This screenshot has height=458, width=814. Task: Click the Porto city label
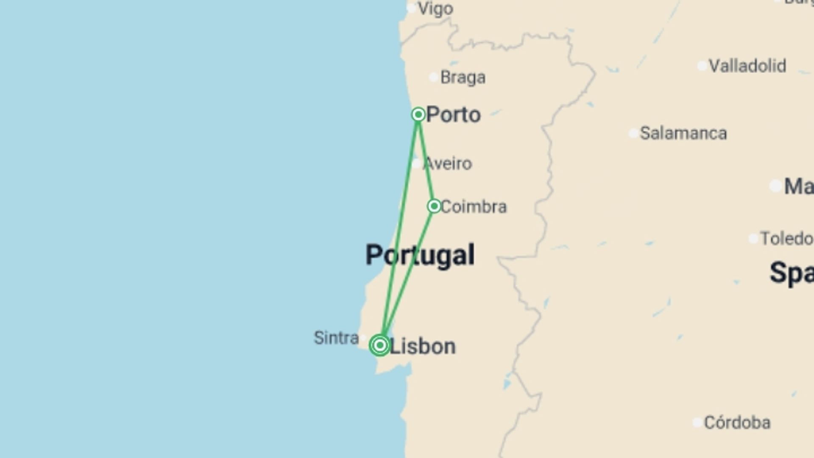click(x=453, y=115)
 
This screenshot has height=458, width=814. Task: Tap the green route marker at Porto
click(x=418, y=114)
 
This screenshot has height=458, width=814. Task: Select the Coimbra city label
click(x=474, y=207)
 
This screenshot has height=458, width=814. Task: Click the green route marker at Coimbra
click(x=434, y=206)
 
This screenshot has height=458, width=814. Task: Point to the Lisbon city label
click(x=422, y=346)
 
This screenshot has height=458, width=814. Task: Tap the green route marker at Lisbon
click(x=380, y=345)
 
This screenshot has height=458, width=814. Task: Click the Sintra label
click(x=336, y=338)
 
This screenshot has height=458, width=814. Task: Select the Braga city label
click(x=463, y=78)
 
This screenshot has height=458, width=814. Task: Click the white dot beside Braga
click(x=433, y=77)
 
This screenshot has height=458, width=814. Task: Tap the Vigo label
click(x=435, y=9)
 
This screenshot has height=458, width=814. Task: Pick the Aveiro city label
click(x=448, y=164)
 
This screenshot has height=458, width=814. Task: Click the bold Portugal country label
click(x=420, y=255)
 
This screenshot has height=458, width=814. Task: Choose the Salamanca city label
click(x=683, y=134)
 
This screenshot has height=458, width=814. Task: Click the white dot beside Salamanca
click(x=633, y=134)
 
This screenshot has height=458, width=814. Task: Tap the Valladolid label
click(x=747, y=66)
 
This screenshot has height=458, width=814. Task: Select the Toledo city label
click(x=786, y=239)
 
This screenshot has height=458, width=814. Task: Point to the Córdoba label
click(x=737, y=423)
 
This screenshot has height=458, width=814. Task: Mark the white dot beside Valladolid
click(x=702, y=66)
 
